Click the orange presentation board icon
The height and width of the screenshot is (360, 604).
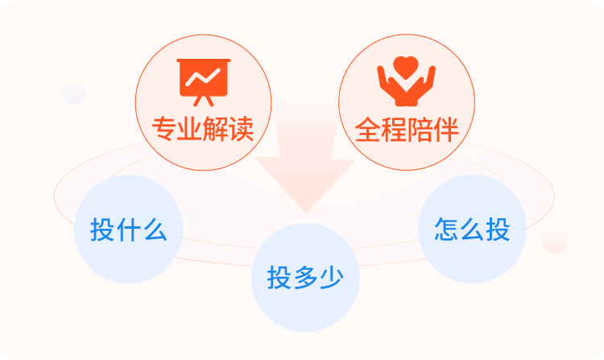click(x=204, y=82)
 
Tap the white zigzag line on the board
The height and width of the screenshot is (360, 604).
click(x=203, y=77)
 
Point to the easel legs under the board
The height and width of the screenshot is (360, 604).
click(x=204, y=101)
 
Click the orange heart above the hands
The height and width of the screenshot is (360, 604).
click(x=406, y=68)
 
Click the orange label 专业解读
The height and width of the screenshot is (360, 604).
click(x=203, y=129)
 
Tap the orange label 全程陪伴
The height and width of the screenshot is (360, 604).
click(x=407, y=130)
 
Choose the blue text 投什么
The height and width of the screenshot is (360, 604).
click(x=129, y=230)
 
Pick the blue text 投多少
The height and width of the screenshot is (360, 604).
click(x=305, y=277)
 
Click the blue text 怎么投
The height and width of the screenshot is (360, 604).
click(x=472, y=229)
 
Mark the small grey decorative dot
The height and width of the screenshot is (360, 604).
click(x=73, y=93)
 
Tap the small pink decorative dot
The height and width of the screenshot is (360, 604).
click(x=555, y=242)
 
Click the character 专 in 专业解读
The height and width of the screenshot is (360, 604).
click(x=164, y=129)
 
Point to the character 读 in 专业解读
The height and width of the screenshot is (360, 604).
click(x=241, y=129)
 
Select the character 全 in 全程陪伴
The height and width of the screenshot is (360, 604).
click(x=368, y=130)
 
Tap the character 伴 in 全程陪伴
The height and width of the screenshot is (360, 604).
click(x=446, y=130)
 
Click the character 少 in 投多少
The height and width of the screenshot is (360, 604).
click(x=331, y=277)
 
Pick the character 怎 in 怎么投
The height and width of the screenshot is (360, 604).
click(x=446, y=229)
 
